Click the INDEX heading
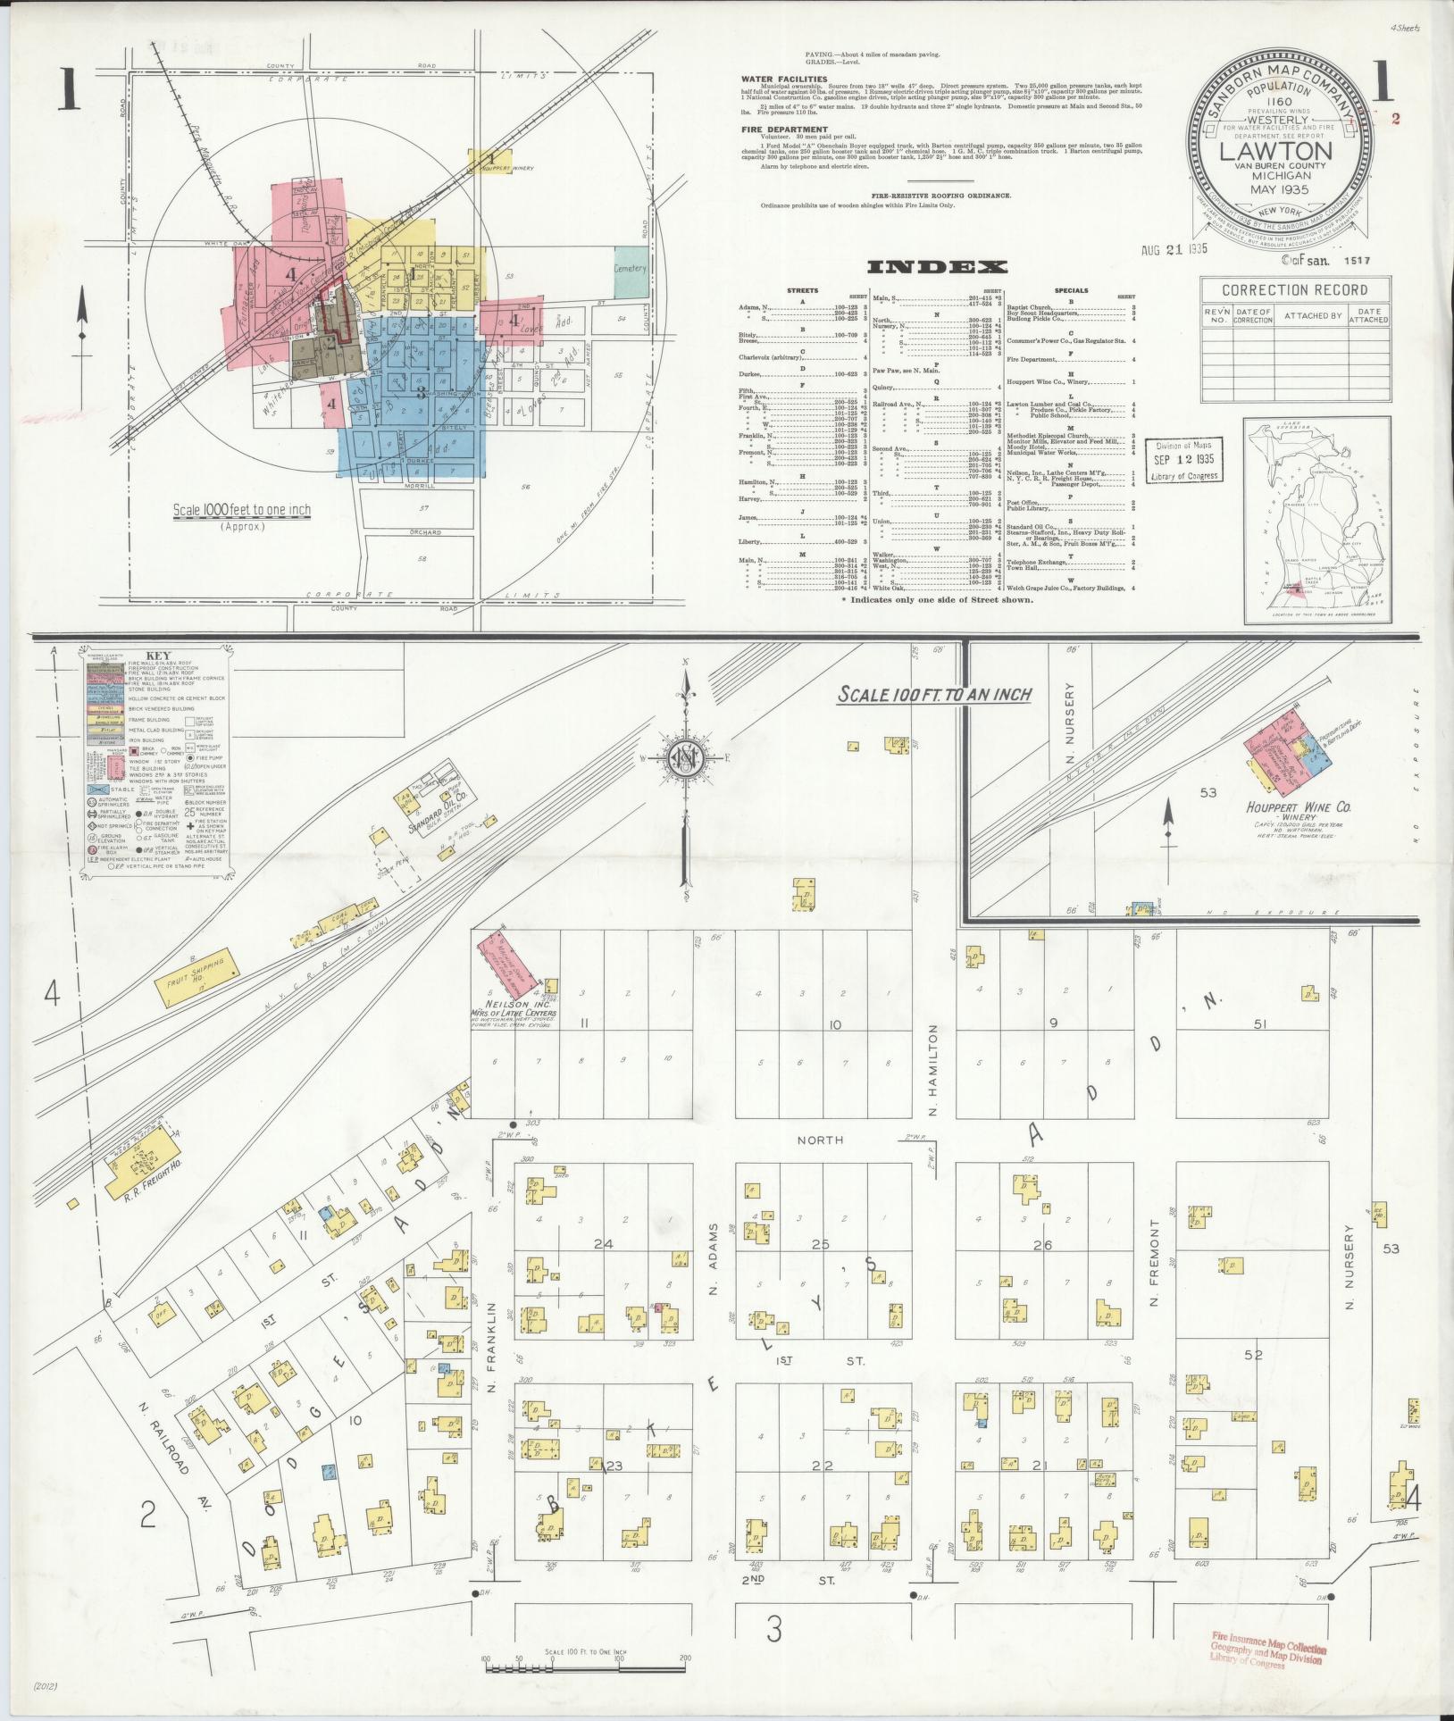pos(937,266)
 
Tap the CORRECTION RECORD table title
pos(1294,290)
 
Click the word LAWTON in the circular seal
pos(1275,150)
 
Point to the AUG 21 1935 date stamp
pos(1174,250)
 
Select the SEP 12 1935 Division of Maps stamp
pos(1183,460)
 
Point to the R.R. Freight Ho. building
pos(141,1163)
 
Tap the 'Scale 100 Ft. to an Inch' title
pos(933,694)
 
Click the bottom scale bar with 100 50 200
pos(585,1659)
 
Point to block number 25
pos(819,1244)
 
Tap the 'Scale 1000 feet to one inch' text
pos(242,511)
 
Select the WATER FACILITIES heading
pos(783,79)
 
